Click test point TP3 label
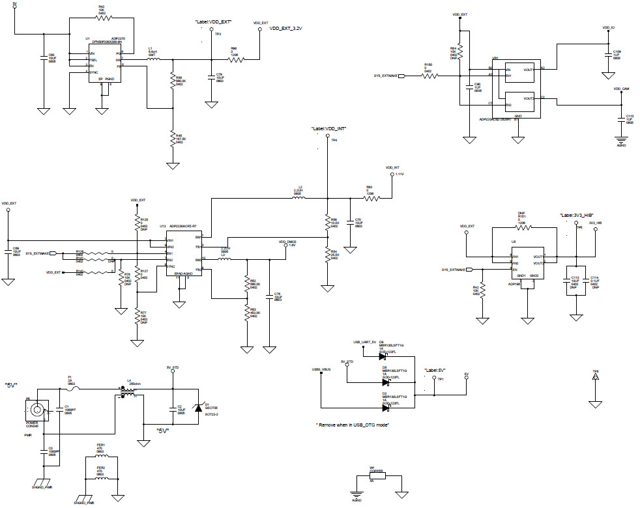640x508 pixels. pos(218,34)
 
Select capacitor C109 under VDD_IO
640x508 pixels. pos(608,54)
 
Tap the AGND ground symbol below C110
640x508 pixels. pos(620,139)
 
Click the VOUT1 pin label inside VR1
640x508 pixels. pos(527,69)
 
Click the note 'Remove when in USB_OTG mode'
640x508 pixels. pos(353,425)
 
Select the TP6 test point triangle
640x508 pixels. pos(594,384)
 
